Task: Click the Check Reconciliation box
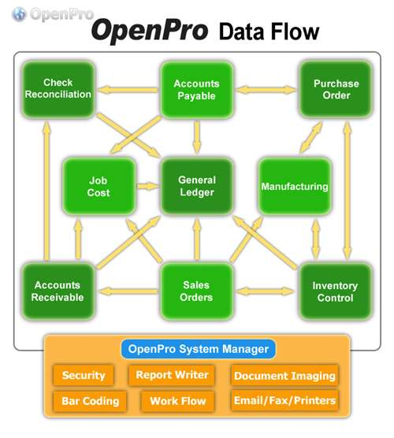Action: coord(58,89)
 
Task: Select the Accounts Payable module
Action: coord(197,89)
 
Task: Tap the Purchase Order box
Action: coord(336,89)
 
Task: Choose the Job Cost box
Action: coord(98,187)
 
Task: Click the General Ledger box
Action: coord(197,187)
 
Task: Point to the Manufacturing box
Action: coord(295,187)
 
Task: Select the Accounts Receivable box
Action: coord(58,291)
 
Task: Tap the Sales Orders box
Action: coord(197,291)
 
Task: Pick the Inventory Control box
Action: coord(336,291)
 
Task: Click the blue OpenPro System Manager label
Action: coord(198,349)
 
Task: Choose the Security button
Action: coord(84,375)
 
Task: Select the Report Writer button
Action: coord(172,375)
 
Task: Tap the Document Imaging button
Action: coord(284,376)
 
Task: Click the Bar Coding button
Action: coord(90,401)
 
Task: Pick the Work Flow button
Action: coord(178,401)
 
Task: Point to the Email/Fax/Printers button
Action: coord(284,400)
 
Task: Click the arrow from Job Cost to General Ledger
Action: coord(148,187)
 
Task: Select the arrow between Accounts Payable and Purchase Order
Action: coord(266,90)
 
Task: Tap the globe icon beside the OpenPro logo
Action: coord(19,14)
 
